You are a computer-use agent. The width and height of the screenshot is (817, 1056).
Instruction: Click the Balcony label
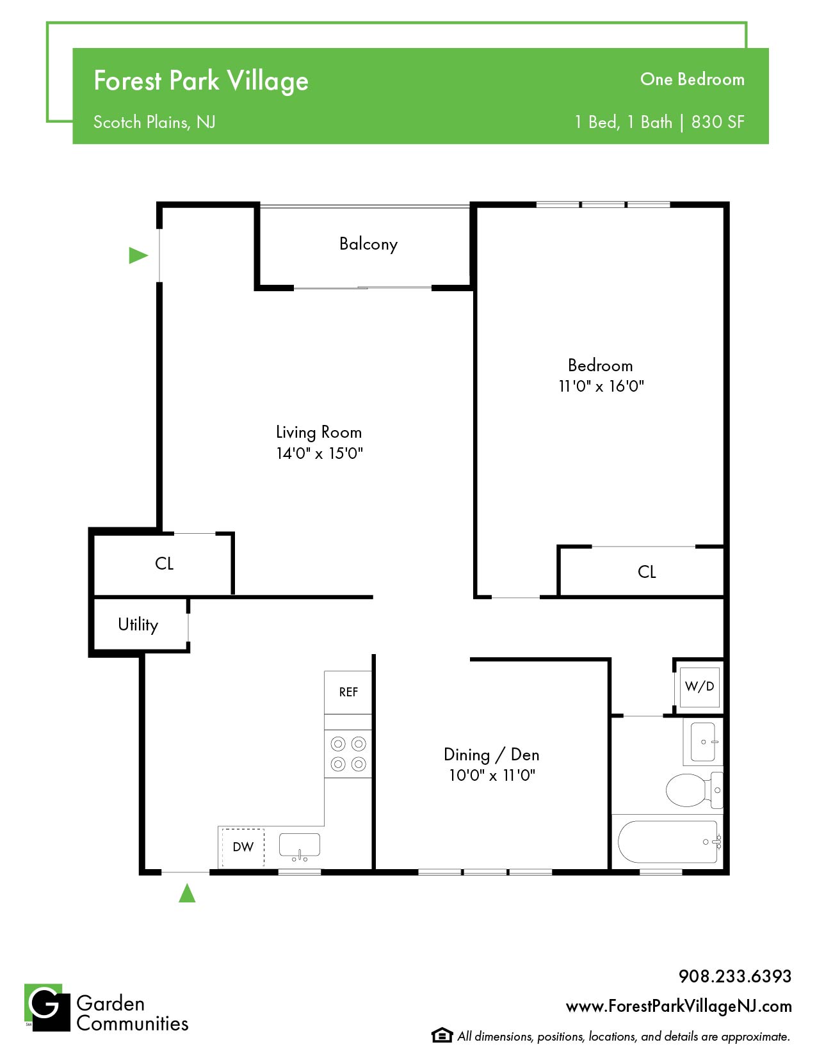368,243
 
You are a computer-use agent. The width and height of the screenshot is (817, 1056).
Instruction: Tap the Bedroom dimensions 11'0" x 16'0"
601,386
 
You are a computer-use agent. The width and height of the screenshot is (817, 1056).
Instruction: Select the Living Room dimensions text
320,453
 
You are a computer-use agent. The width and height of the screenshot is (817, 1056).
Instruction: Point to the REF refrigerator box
348,692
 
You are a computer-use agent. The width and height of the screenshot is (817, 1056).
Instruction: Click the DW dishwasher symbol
243,847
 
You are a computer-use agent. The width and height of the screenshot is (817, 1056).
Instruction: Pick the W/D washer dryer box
699,686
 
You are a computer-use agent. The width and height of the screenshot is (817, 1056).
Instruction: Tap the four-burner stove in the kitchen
348,754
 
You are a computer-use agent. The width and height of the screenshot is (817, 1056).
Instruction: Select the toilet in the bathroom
693,790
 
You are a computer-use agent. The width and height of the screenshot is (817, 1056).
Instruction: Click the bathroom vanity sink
703,742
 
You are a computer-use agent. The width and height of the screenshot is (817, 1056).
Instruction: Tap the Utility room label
138,625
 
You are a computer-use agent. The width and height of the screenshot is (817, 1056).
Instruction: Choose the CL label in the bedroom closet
647,572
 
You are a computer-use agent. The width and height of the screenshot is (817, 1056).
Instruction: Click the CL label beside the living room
164,563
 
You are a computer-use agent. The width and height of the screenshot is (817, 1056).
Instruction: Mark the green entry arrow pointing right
138,255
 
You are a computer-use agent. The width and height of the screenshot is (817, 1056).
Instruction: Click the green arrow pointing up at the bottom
187,893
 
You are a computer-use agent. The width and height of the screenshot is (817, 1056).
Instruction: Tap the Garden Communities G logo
47,1007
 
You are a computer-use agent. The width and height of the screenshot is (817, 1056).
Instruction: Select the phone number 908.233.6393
735,976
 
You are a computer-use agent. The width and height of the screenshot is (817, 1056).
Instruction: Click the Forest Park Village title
200,81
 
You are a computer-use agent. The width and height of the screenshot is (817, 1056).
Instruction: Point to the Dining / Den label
491,755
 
